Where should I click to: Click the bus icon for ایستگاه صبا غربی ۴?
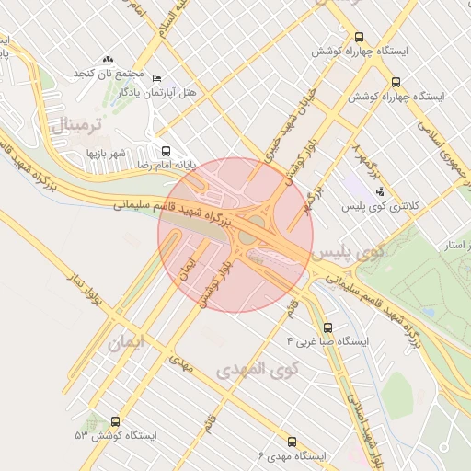pos(328,327)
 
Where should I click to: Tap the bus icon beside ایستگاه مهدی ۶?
pos(293,442)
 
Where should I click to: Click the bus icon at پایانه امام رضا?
pos(166,150)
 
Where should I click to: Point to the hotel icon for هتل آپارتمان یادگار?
pos(155,79)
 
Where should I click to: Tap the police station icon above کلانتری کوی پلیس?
pos(380,191)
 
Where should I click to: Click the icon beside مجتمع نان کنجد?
pos(109,60)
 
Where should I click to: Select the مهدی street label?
pos(181,365)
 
